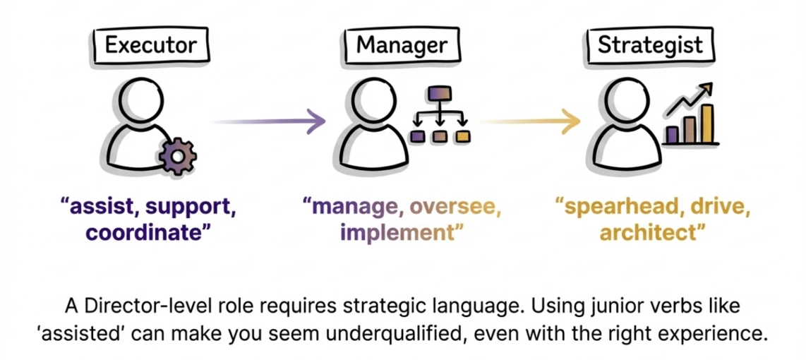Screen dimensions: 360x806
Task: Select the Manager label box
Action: (x=401, y=46)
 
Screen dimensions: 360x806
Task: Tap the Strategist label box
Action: (x=650, y=46)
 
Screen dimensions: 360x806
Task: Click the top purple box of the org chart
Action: (x=440, y=95)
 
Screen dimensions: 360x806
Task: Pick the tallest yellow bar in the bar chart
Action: (x=706, y=124)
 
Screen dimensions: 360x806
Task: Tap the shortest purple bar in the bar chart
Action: (x=673, y=135)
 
